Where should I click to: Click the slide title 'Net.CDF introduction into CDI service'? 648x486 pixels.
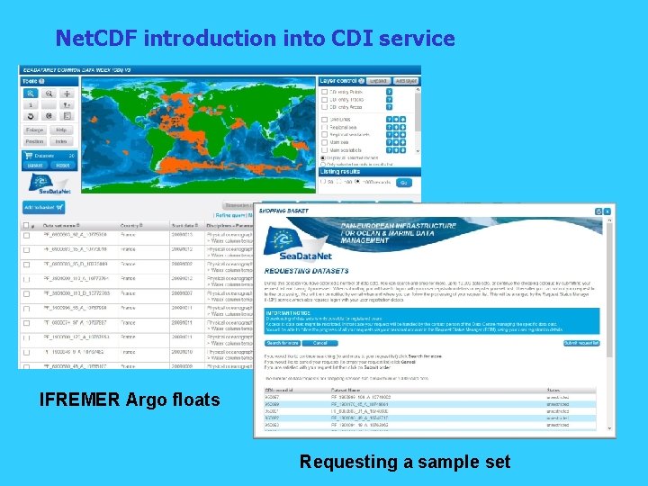click(255, 39)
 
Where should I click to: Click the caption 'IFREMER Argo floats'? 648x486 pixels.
click(130, 399)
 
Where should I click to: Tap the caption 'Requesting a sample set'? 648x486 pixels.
click(405, 462)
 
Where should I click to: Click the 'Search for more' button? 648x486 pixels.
click(282, 343)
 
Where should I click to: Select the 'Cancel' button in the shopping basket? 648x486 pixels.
click(319, 343)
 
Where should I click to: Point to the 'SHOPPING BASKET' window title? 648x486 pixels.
click(284, 211)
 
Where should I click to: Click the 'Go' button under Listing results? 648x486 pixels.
click(403, 183)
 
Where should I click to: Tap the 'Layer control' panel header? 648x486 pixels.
click(338, 81)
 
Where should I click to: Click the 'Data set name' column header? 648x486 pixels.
click(60, 226)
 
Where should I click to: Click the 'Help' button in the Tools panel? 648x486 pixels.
click(61, 130)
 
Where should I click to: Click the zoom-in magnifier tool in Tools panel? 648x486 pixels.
click(31, 94)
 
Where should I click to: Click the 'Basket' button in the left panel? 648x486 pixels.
click(34, 166)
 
